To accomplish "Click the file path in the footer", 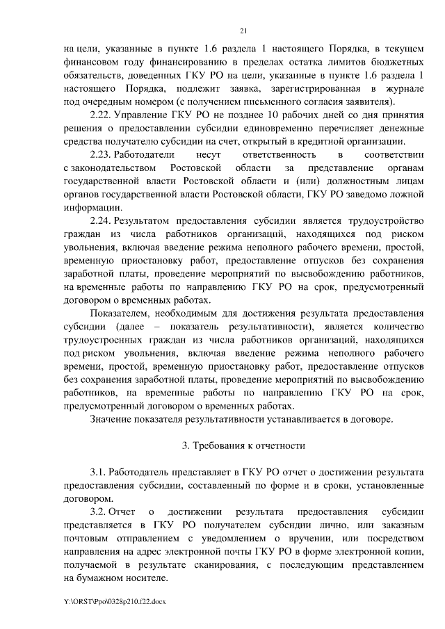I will (116, 599).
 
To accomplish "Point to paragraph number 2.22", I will (101, 115).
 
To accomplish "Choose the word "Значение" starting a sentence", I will (112, 419).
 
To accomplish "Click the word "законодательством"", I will (113, 168).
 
